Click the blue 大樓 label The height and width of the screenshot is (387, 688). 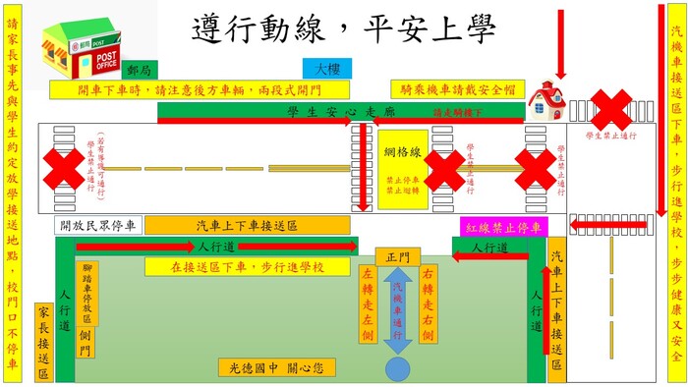pyautogui.click(x=326, y=70)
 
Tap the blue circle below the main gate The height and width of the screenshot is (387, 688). pyautogui.click(x=398, y=369)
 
